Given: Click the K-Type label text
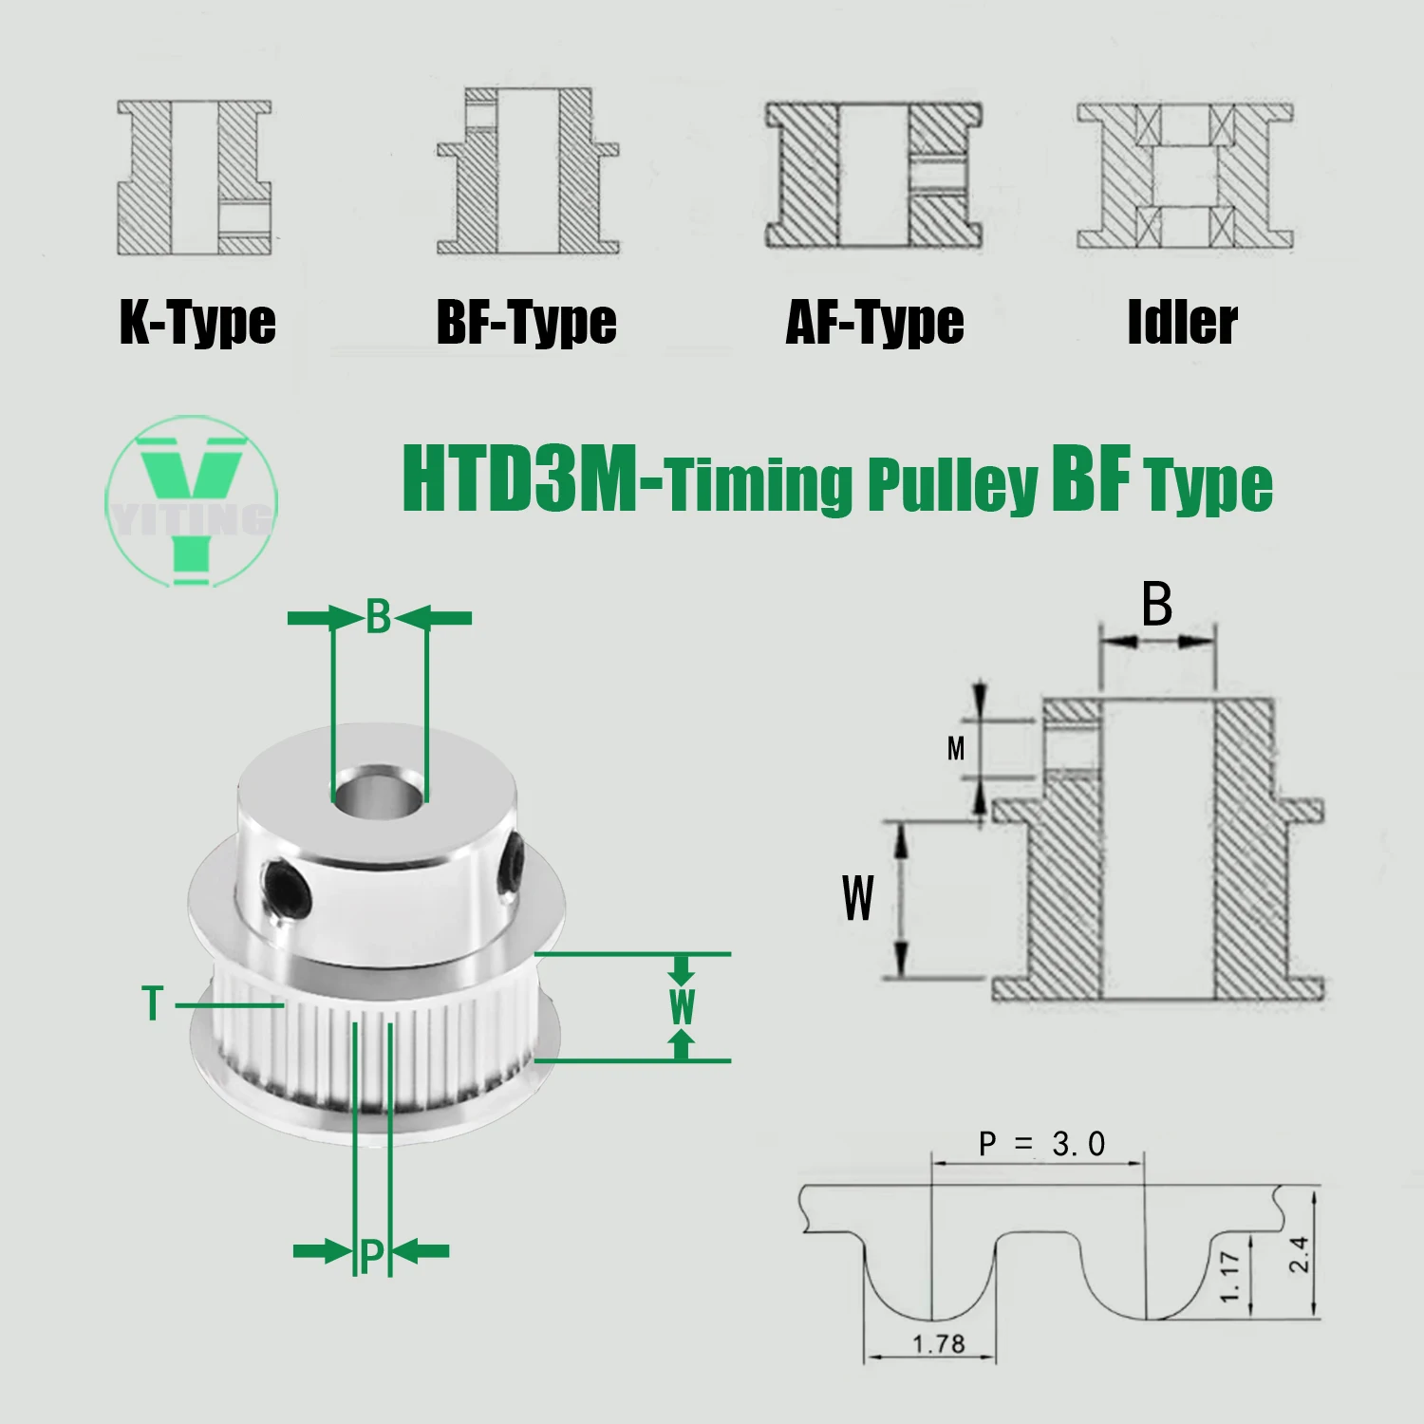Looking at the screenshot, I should (197, 323).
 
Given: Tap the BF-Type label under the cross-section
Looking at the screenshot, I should (526, 323).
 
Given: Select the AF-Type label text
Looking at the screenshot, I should (874, 323).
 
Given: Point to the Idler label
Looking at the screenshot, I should (1182, 323).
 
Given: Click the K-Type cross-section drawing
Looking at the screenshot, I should (195, 178).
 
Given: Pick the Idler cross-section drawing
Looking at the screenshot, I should (1184, 177).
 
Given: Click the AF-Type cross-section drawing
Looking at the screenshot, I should (873, 177).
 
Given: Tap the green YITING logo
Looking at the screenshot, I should (191, 500).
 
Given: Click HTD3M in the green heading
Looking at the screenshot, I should (520, 478).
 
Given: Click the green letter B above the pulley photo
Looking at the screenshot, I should (379, 618).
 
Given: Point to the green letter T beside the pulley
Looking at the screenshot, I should (153, 1004).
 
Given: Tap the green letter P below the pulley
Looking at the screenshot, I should (371, 1255).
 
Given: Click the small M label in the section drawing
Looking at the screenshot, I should (956, 749).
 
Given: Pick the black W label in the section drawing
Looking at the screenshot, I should (857, 898).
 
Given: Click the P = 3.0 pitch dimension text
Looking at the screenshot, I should (1041, 1145).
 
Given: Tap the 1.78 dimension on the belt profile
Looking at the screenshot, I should (938, 1344).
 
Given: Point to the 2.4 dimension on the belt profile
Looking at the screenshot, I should (1300, 1254).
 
